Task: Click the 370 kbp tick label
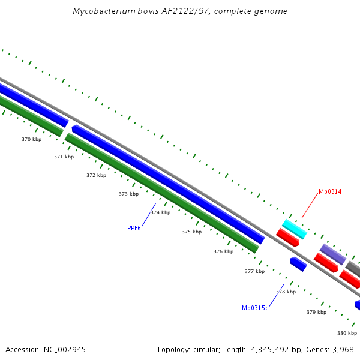click(x=32, y=139)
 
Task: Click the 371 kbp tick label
click(x=64, y=157)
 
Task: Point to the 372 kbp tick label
click(x=96, y=175)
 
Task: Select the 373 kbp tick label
click(x=128, y=194)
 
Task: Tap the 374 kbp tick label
click(x=160, y=212)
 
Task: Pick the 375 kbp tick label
click(x=192, y=232)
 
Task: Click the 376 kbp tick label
click(x=223, y=251)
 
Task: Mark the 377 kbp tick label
click(x=254, y=271)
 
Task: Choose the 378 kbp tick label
click(x=286, y=292)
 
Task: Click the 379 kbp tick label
click(x=316, y=312)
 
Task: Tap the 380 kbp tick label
click(x=347, y=333)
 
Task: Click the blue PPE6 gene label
click(x=134, y=228)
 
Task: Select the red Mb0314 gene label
click(x=330, y=191)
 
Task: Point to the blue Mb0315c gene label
click(x=255, y=308)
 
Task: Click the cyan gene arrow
click(x=295, y=229)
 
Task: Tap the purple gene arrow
click(x=332, y=254)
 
